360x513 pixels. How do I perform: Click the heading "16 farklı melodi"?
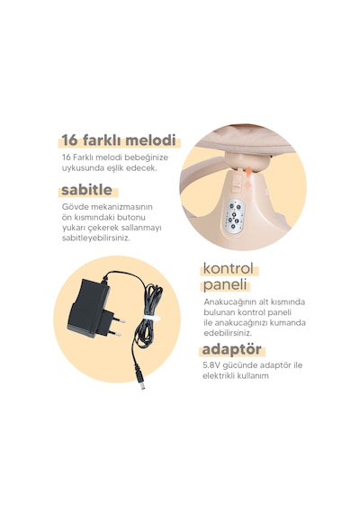click(x=119, y=140)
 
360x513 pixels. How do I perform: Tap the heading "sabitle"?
click(x=86, y=190)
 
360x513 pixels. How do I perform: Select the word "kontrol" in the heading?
click(x=229, y=268)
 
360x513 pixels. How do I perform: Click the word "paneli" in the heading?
click(x=224, y=284)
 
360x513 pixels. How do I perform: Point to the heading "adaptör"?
click(x=231, y=349)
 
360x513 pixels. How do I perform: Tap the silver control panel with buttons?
click(x=236, y=216)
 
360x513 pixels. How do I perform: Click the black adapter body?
click(x=87, y=308)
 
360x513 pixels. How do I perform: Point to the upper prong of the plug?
click(x=119, y=320)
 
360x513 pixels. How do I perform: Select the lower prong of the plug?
click(x=115, y=333)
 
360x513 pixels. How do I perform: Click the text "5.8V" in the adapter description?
click(x=211, y=365)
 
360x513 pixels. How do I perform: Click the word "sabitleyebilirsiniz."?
click(x=96, y=238)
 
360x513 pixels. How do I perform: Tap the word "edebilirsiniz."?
click(x=228, y=333)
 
